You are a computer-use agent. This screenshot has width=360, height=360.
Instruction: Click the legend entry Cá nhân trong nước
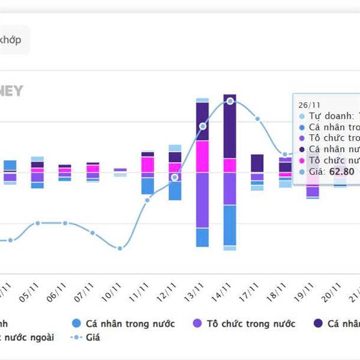point(122,324)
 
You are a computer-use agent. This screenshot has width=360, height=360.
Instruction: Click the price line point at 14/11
point(230,101)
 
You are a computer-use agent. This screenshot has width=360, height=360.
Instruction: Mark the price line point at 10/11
point(120,248)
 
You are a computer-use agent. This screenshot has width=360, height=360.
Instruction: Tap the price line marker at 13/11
point(203,126)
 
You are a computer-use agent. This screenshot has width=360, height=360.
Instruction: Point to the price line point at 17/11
point(258,119)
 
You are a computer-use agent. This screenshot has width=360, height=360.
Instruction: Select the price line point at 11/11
point(147,200)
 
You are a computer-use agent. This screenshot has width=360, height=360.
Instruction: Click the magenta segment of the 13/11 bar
point(202,157)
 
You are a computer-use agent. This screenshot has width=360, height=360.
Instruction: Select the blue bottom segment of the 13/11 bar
point(202,237)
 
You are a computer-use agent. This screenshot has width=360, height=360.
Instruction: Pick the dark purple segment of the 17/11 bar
point(257,163)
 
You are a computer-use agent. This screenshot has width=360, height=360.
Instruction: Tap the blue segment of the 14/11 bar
point(230,225)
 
